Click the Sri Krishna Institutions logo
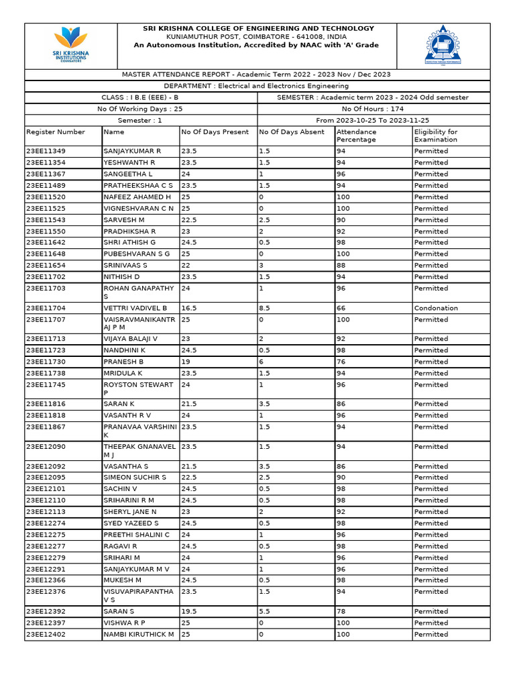click(x=70, y=45)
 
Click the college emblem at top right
click(x=443, y=45)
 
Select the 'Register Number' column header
click(x=56, y=132)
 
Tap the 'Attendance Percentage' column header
click(x=356, y=136)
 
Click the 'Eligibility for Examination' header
click(x=436, y=136)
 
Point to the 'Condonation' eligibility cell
click(x=436, y=308)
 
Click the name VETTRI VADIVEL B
click(x=135, y=308)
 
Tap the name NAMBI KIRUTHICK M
click(x=139, y=634)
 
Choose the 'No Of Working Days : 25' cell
click(x=140, y=109)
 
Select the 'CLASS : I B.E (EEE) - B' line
click(x=139, y=97)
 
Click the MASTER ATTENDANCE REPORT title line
click(x=256, y=74)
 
